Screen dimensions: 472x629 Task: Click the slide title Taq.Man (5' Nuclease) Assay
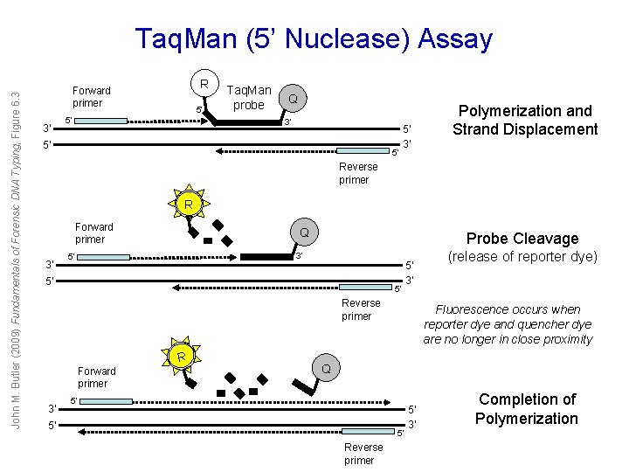tap(314, 39)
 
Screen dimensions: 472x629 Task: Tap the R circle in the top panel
tap(204, 85)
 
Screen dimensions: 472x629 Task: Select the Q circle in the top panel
tap(294, 100)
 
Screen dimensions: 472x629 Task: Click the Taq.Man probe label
tap(249, 97)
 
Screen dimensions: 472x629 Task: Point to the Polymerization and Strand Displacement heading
tap(525, 120)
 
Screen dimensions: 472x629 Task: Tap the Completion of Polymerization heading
tap(527, 408)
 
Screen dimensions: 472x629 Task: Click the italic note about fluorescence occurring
tap(508, 324)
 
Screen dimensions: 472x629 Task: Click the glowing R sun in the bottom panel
tap(180, 356)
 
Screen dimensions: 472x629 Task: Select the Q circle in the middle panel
tap(304, 233)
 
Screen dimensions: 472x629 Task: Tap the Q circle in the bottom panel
tap(325, 369)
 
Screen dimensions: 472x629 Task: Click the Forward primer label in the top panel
tap(91, 96)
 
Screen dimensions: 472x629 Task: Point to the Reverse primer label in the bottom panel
tap(359, 454)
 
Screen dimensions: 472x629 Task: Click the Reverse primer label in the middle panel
tap(361, 309)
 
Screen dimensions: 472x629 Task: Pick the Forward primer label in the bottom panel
tap(96, 377)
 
